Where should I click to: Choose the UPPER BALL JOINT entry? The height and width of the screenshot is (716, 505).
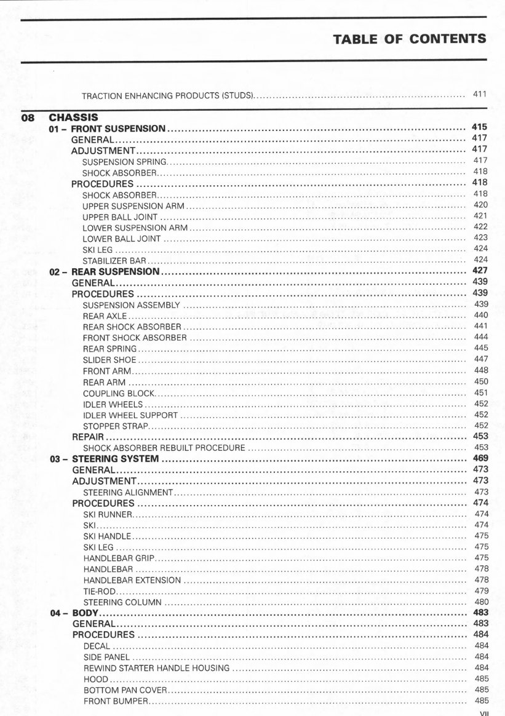(120, 217)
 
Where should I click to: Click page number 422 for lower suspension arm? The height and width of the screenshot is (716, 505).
(480, 227)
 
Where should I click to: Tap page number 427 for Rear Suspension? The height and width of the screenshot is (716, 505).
(480, 271)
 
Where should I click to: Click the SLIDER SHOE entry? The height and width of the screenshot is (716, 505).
(109, 360)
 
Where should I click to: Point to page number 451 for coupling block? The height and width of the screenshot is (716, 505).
(480, 393)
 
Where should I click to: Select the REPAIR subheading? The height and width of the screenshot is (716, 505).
(87, 437)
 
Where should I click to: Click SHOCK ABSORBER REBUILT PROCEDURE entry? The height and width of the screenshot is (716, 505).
(164, 448)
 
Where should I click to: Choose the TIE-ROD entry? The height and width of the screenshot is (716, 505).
(96, 591)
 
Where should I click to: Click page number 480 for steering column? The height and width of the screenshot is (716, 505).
(481, 602)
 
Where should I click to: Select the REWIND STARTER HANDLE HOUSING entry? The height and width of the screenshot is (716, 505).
(156, 668)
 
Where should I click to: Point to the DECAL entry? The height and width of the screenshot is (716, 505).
(97, 646)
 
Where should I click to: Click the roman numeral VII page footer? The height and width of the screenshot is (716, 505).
(483, 713)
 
